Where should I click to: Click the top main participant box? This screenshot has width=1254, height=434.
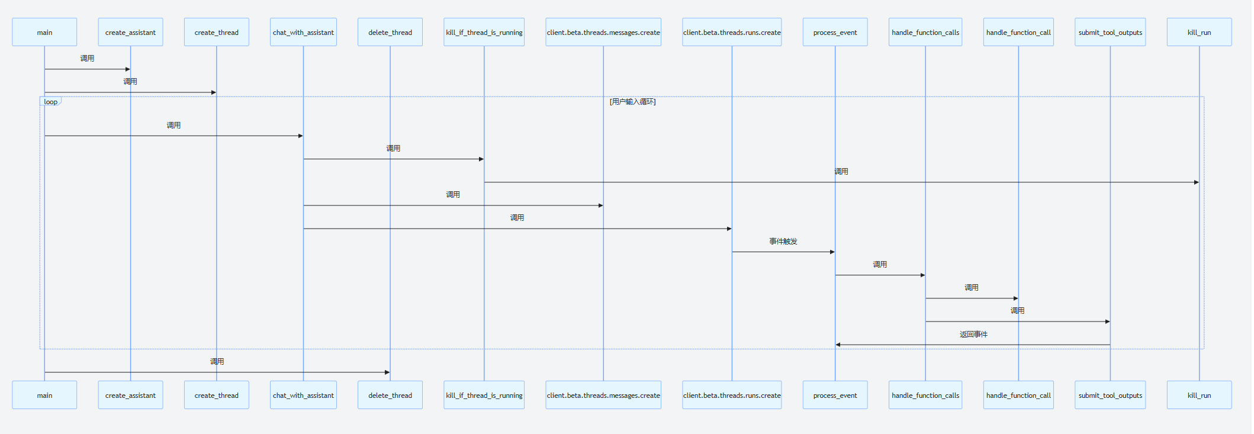pos(44,32)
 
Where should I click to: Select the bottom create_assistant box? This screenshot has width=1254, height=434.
pos(130,395)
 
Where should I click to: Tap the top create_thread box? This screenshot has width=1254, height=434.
pos(216,32)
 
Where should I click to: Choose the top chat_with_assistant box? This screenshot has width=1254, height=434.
pos(303,32)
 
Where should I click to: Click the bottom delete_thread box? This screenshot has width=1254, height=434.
pos(390,395)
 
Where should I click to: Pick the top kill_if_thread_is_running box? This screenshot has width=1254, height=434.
pos(484,32)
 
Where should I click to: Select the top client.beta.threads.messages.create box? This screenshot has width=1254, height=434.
pos(603,32)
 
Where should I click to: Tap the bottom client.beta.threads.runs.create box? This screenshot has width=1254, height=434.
pos(732,395)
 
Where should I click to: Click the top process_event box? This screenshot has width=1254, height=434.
pos(835,32)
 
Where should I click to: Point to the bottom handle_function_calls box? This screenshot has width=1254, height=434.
pos(925,395)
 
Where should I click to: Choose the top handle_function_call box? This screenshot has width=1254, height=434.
pos(1018,32)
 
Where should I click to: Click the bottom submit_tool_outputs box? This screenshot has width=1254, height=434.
pos(1110,395)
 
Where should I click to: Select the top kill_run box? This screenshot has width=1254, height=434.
pos(1199,32)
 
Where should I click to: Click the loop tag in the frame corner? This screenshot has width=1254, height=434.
pos(51,102)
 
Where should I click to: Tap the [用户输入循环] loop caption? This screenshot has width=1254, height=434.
pos(632,102)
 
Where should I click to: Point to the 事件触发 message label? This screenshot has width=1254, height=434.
pos(783,242)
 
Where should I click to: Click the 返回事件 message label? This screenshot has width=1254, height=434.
pos(973,335)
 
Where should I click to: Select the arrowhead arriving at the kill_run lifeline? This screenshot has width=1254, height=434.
pos(1196,182)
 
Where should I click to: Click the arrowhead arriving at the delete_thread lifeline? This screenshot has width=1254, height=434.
pos(387,372)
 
